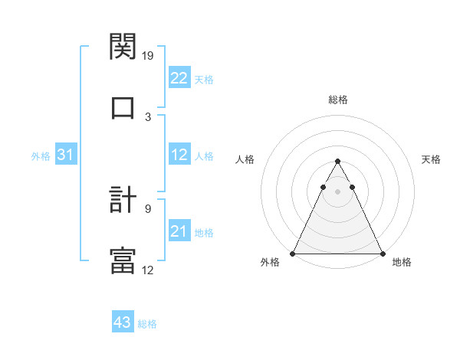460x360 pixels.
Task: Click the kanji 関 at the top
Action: pos(123,47)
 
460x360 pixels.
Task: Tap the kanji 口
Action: pos(123,107)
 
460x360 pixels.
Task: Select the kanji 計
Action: pos(123,201)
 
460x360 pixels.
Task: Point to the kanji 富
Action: pos(123,260)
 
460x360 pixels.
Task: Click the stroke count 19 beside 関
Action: pos(149,55)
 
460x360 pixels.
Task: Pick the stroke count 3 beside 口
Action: pos(149,116)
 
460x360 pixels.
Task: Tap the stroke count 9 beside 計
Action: pos(149,207)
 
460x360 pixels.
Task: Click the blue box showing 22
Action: pos(179,78)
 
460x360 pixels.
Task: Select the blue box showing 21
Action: pos(179,231)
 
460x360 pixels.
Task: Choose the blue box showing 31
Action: pos(66,155)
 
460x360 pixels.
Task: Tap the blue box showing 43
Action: pos(123,322)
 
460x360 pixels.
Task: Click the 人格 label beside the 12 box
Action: pos(204,155)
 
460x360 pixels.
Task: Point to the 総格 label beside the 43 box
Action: pos(147,324)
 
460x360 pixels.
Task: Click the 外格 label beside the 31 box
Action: pos(41,155)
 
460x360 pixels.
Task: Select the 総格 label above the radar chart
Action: pos(338,100)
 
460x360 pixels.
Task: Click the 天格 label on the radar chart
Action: pos(431,159)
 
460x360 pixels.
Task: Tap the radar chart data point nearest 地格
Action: pos(382,253)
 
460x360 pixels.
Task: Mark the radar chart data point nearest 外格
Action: pos(293,253)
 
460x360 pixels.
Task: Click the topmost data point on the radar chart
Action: pos(337,161)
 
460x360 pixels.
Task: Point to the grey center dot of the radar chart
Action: pos(337,191)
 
